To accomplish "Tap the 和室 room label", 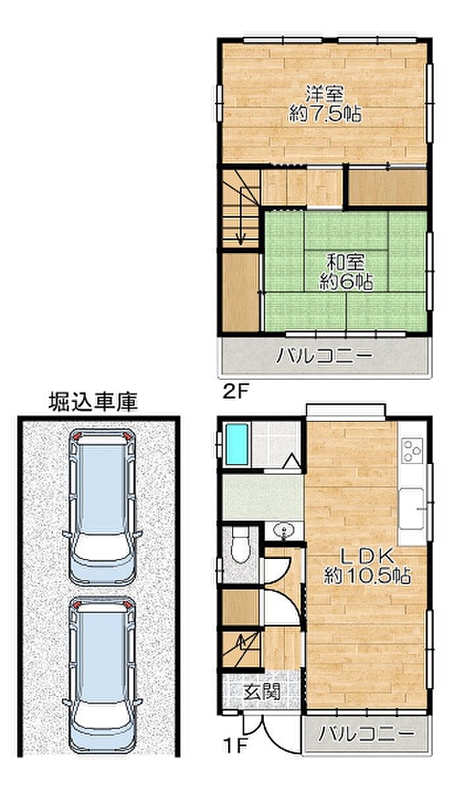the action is click(346, 262).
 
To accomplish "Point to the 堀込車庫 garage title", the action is click(93, 402).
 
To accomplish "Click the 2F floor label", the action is click(236, 392).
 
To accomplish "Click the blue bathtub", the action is click(237, 444).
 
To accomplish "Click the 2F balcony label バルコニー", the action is click(324, 355).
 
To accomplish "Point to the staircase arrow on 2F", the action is click(241, 216).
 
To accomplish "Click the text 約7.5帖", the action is click(325, 113).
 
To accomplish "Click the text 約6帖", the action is click(347, 281).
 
